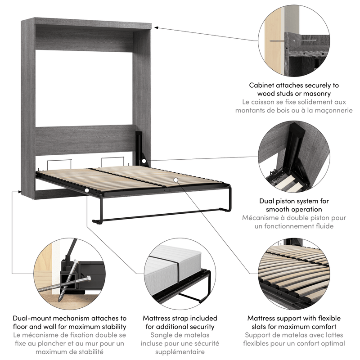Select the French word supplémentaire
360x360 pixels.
click(x=180, y=352)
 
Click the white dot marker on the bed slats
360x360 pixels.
click(x=176, y=180)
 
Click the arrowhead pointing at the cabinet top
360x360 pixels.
click(x=157, y=28)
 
